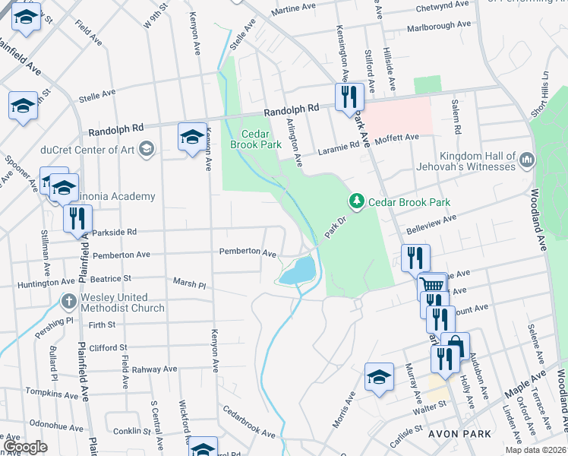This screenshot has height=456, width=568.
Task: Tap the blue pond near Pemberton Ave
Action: (298, 271)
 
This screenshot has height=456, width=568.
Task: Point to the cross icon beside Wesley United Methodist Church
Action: (69, 301)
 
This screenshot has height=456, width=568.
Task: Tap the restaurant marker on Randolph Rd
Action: (349, 97)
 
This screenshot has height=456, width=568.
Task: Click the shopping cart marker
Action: (432, 286)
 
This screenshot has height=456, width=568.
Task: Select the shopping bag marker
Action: (455, 346)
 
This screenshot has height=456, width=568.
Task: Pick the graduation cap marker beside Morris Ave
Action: (379, 377)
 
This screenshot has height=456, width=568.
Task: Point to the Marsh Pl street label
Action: (189, 283)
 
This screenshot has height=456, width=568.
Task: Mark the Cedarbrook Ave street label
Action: (249, 422)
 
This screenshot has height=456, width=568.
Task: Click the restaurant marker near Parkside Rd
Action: (77, 219)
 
